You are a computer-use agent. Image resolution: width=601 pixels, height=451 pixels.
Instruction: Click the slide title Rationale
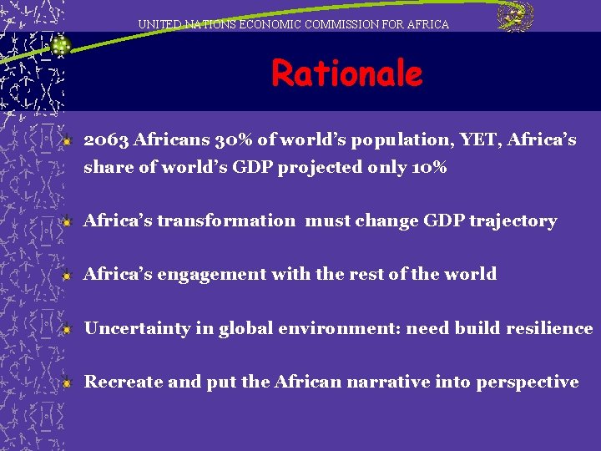click(x=346, y=74)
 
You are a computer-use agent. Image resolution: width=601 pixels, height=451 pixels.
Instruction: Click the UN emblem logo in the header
click(x=515, y=17)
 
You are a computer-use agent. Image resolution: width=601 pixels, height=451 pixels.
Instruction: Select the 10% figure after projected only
click(x=429, y=167)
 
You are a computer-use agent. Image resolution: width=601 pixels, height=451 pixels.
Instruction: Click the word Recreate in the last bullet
click(x=124, y=382)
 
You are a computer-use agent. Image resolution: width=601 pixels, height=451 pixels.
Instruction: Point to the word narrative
click(x=389, y=382)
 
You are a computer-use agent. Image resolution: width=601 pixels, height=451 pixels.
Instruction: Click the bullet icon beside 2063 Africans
click(x=68, y=140)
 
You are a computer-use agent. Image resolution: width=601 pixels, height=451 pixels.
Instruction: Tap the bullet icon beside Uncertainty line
click(x=68, y=329)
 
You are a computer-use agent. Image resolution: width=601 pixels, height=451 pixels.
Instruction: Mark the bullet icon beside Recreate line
click(x=68, y=383)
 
